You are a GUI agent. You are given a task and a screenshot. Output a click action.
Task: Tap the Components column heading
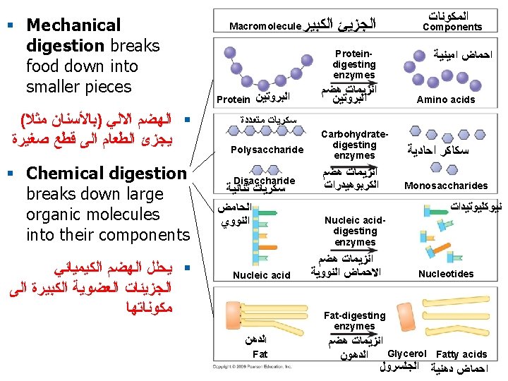click(x=452, y=28)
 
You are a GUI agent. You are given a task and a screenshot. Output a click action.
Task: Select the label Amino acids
click(x=446, y=99)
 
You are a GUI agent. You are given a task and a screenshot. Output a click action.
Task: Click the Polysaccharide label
click(x=267, y=150)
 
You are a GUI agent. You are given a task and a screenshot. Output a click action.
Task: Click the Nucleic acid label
click(x=261, y=275)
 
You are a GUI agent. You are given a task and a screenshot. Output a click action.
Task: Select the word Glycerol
click(x=408, y=353)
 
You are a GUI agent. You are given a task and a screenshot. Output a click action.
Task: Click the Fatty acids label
click(x=461, y=354)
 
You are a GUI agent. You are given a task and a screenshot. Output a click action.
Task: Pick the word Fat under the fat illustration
click(x=260, y=353)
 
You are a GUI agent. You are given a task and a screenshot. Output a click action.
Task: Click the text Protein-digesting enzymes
click(x=354, y=64)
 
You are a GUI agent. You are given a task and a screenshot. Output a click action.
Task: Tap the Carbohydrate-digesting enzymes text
click(x=354, y=145)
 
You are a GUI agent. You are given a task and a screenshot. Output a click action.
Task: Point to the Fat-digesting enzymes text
click(x=354, y=320)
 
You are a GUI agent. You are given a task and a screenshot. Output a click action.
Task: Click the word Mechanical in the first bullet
click(x=73, y=25)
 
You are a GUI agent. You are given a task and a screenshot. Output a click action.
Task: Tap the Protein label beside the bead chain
click(x=233, y=99)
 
